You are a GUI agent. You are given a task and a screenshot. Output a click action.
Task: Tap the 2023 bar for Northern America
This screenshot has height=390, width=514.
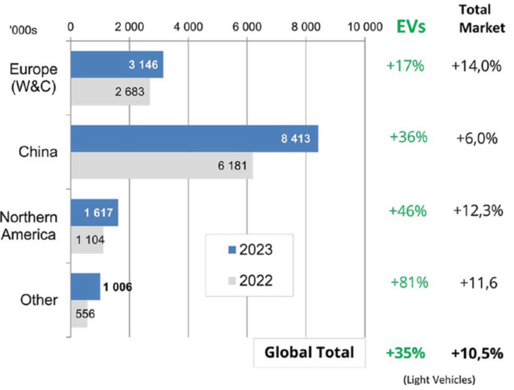point(94,212)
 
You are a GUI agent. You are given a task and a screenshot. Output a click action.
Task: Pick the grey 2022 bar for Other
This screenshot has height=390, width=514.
point(79,314)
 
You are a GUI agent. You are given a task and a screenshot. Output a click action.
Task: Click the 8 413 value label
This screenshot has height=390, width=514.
point(295,139)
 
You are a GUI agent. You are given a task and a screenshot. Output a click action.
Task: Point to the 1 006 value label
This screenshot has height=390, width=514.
point(118,287)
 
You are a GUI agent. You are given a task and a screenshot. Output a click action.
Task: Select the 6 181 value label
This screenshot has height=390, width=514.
point(232,166)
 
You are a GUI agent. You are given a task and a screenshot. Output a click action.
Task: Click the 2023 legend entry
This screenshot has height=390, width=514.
point(250,250)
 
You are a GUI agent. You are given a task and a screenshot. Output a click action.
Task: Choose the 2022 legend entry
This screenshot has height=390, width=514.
point(250,280)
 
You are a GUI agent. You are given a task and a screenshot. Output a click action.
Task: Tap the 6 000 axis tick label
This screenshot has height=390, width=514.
point(247,27)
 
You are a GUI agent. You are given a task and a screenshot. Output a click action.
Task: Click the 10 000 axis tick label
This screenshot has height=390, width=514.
point(365,27)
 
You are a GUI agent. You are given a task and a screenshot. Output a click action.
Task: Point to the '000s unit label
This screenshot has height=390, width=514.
point(23,30)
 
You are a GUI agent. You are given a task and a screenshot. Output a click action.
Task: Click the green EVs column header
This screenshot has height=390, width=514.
point(411,27)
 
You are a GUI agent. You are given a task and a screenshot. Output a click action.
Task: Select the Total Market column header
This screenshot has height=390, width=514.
point(481,19)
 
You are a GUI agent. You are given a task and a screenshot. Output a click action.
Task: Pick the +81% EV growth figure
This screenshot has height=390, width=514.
point(410,282)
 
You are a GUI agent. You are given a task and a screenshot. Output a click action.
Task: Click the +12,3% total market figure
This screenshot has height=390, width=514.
point(478,211)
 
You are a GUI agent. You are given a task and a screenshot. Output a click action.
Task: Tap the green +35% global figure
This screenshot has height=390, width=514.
point(405,353)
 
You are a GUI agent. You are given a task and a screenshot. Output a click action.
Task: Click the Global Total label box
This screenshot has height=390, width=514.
point(309,353)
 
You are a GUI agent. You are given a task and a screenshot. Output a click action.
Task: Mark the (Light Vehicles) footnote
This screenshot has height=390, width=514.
point(439,380)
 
